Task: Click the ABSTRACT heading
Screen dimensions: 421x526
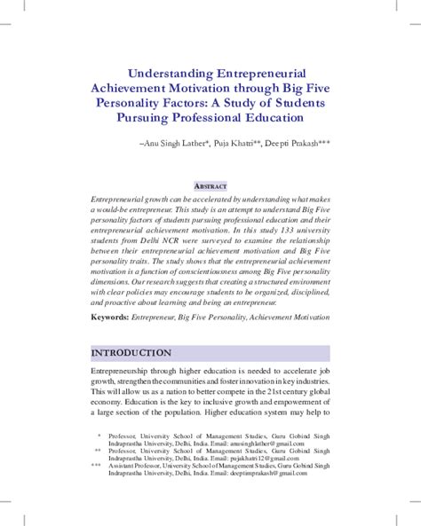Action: tap(210, 185)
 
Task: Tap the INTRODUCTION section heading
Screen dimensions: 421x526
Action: tap(131, 353)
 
